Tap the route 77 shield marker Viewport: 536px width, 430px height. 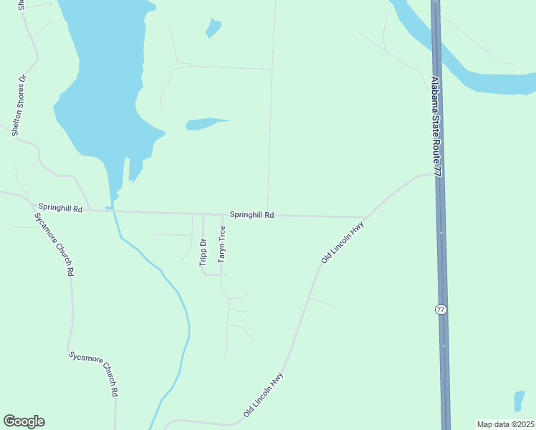441,310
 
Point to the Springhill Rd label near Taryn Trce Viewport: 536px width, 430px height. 252,214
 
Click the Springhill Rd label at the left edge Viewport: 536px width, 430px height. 61,209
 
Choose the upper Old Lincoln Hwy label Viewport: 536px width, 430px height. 343,243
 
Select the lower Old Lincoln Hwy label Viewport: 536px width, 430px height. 264,395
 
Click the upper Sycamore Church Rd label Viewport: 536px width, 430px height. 54,244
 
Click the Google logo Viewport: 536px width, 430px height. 24,421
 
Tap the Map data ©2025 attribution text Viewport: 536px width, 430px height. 505,424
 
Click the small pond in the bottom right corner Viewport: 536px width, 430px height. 519,401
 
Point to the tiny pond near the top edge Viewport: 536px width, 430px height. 213,28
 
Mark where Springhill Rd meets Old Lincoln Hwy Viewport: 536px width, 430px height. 365,217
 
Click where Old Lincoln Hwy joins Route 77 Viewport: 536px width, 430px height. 435,173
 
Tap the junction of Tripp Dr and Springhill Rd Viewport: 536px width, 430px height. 204,214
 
